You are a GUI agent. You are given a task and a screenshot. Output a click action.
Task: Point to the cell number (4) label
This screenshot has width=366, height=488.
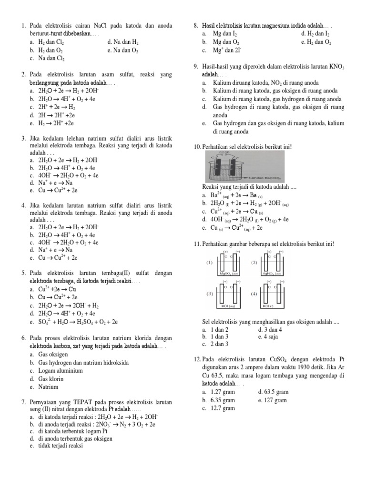(x=254, y=294)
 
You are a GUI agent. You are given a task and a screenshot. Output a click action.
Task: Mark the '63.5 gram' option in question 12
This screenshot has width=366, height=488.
(x=275, y=392)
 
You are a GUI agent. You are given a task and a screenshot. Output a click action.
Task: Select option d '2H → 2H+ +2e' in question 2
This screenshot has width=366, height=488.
(x=58, y=115)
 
